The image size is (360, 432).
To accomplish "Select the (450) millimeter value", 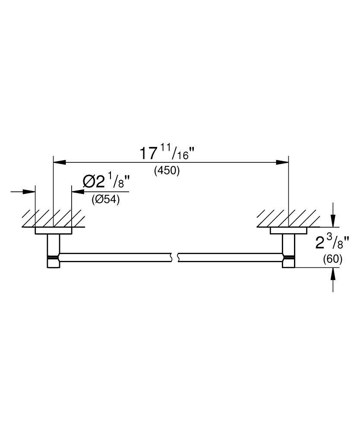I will point(167,171).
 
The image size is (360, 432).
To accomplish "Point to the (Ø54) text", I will point(105,200).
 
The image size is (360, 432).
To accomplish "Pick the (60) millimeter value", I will point(332,259).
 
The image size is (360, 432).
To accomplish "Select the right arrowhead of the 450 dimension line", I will point(283,162).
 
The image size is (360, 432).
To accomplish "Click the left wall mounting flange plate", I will point(53,231).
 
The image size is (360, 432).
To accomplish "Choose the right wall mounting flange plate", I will point(288,231).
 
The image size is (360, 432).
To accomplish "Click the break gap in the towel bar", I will point(176,257).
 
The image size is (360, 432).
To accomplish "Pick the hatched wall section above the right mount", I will point(287,219).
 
